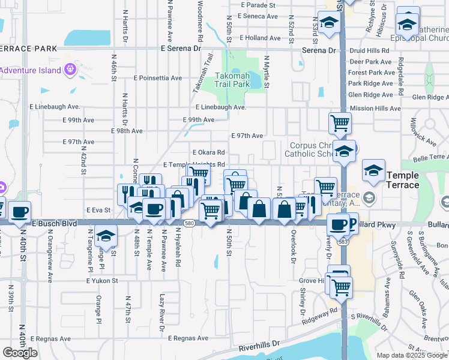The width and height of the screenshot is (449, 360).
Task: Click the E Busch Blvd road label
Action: click(55, 223)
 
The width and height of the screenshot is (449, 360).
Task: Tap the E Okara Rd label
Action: click(208, 152)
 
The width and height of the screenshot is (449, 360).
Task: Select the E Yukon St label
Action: click(102, 280)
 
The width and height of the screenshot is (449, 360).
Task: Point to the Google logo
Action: click(20, 352)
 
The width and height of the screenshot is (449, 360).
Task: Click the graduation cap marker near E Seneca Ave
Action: click(329, 22)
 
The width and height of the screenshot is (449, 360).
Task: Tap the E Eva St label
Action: click(98, 210)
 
